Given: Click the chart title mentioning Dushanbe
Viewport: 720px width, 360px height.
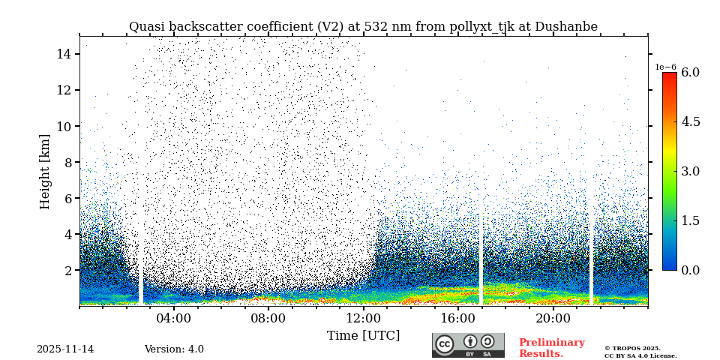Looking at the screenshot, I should [x=363, y=27].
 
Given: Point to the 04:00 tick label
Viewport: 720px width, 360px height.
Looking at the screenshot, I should [x=174, y=318].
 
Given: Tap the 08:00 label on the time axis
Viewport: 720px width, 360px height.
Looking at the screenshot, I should [x=268, y=318].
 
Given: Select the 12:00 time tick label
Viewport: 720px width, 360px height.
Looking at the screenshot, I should [x=364, y=318].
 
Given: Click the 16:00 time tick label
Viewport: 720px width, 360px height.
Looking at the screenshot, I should [x=458, y=318].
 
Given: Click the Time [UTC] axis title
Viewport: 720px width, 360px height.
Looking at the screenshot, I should [x=363, y=335].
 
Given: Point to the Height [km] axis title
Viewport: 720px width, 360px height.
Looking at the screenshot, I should [x=45, y=171].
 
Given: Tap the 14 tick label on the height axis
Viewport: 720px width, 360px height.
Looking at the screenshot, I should [x=64, y=54].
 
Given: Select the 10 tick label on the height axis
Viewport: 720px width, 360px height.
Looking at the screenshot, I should [x=64, y=126].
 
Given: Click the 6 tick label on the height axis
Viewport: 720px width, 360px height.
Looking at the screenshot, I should [x=67, y=198].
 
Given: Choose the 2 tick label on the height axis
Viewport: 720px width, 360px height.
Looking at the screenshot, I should [x=67, y=270].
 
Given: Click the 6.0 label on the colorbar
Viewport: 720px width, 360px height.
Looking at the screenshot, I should [x=690, y=73].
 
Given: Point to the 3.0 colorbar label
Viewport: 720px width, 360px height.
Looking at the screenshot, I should [x=690, y=171].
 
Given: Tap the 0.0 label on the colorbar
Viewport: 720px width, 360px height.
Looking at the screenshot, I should [x=690, y=270].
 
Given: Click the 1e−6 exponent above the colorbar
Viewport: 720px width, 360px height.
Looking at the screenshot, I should [x=666, y=67].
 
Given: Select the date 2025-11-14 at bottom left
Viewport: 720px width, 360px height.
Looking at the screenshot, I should [x=65, y=349].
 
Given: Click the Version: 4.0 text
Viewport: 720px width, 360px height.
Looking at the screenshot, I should [x=174, y=349].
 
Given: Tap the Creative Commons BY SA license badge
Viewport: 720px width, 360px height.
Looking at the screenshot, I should [x=468, y=345].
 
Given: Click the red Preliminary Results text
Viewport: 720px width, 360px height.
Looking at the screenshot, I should [x=551, y=348].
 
